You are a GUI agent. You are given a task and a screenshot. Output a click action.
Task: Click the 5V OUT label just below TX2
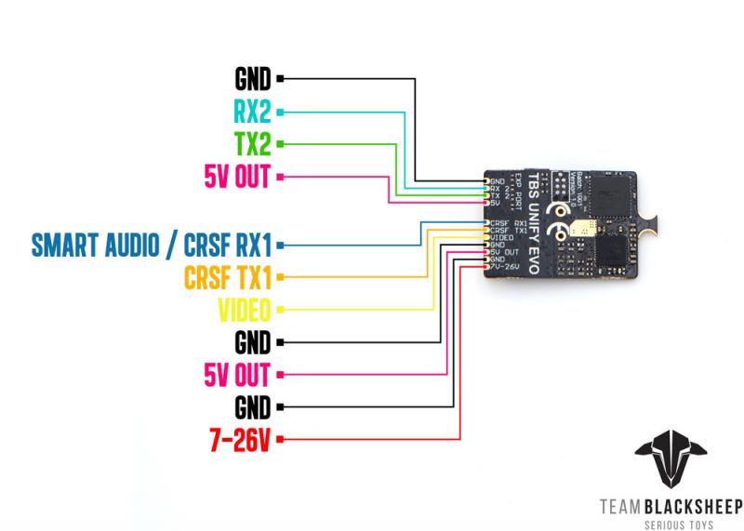tap(236, 176)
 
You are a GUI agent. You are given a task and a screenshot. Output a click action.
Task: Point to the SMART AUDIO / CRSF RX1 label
tap(151, 245)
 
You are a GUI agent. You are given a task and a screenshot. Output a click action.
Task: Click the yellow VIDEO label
tap(244, 310)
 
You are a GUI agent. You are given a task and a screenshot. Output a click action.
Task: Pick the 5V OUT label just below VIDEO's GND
tap(236, 375)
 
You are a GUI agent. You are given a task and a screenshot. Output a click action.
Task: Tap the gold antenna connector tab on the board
tap(655, 222)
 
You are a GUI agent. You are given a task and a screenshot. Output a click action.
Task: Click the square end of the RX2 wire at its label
tap(280, 113)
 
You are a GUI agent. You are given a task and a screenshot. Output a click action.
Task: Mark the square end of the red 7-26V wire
tap(280, 439)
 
